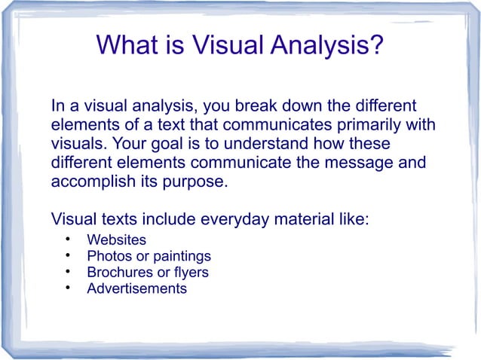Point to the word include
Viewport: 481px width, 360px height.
tap(164, 220)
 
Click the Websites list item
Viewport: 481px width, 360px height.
tap(116, 240)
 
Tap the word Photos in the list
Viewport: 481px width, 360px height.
tap(108, 256)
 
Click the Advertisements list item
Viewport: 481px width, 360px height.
tap(136, 288)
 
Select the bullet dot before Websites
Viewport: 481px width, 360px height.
tap(67, 240)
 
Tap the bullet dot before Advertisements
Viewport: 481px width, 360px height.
tap(67, 288)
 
